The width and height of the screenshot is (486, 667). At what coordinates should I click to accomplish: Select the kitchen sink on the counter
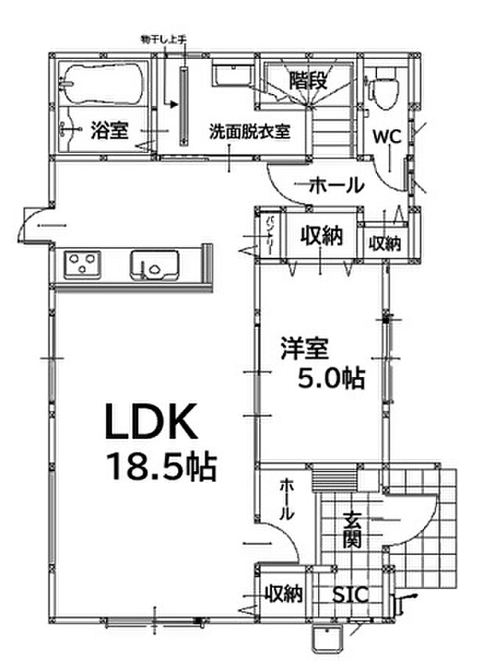click(x=154, y=265)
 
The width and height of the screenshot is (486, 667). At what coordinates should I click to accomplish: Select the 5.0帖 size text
click(x=329, y=379)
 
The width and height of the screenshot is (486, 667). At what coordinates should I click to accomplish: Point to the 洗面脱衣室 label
click(x=249, y=131)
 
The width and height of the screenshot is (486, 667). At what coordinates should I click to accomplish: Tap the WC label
click(x=386, y=136)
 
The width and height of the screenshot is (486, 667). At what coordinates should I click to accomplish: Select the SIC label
click(x=349, y=595)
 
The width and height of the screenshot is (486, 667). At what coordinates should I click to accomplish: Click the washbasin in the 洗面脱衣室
click(x=229, y=77)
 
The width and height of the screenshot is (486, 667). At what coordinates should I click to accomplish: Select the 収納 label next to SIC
click(x=282, y=594)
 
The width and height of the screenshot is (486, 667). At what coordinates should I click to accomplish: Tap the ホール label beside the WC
click(x=336, y=186)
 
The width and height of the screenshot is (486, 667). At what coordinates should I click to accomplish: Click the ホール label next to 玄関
click(x=286, y=500)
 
